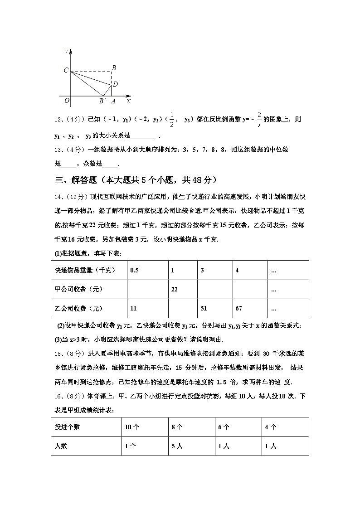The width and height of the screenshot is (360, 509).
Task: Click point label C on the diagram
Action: click(x=66, y=70)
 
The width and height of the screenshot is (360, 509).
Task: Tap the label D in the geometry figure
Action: click(x=115, y=84)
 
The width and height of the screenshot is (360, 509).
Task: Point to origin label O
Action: click(x=67, y=101)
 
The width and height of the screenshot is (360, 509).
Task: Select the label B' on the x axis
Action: click(x=102, y=101)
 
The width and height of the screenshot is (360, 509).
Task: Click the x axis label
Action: click(x=129, y=100)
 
